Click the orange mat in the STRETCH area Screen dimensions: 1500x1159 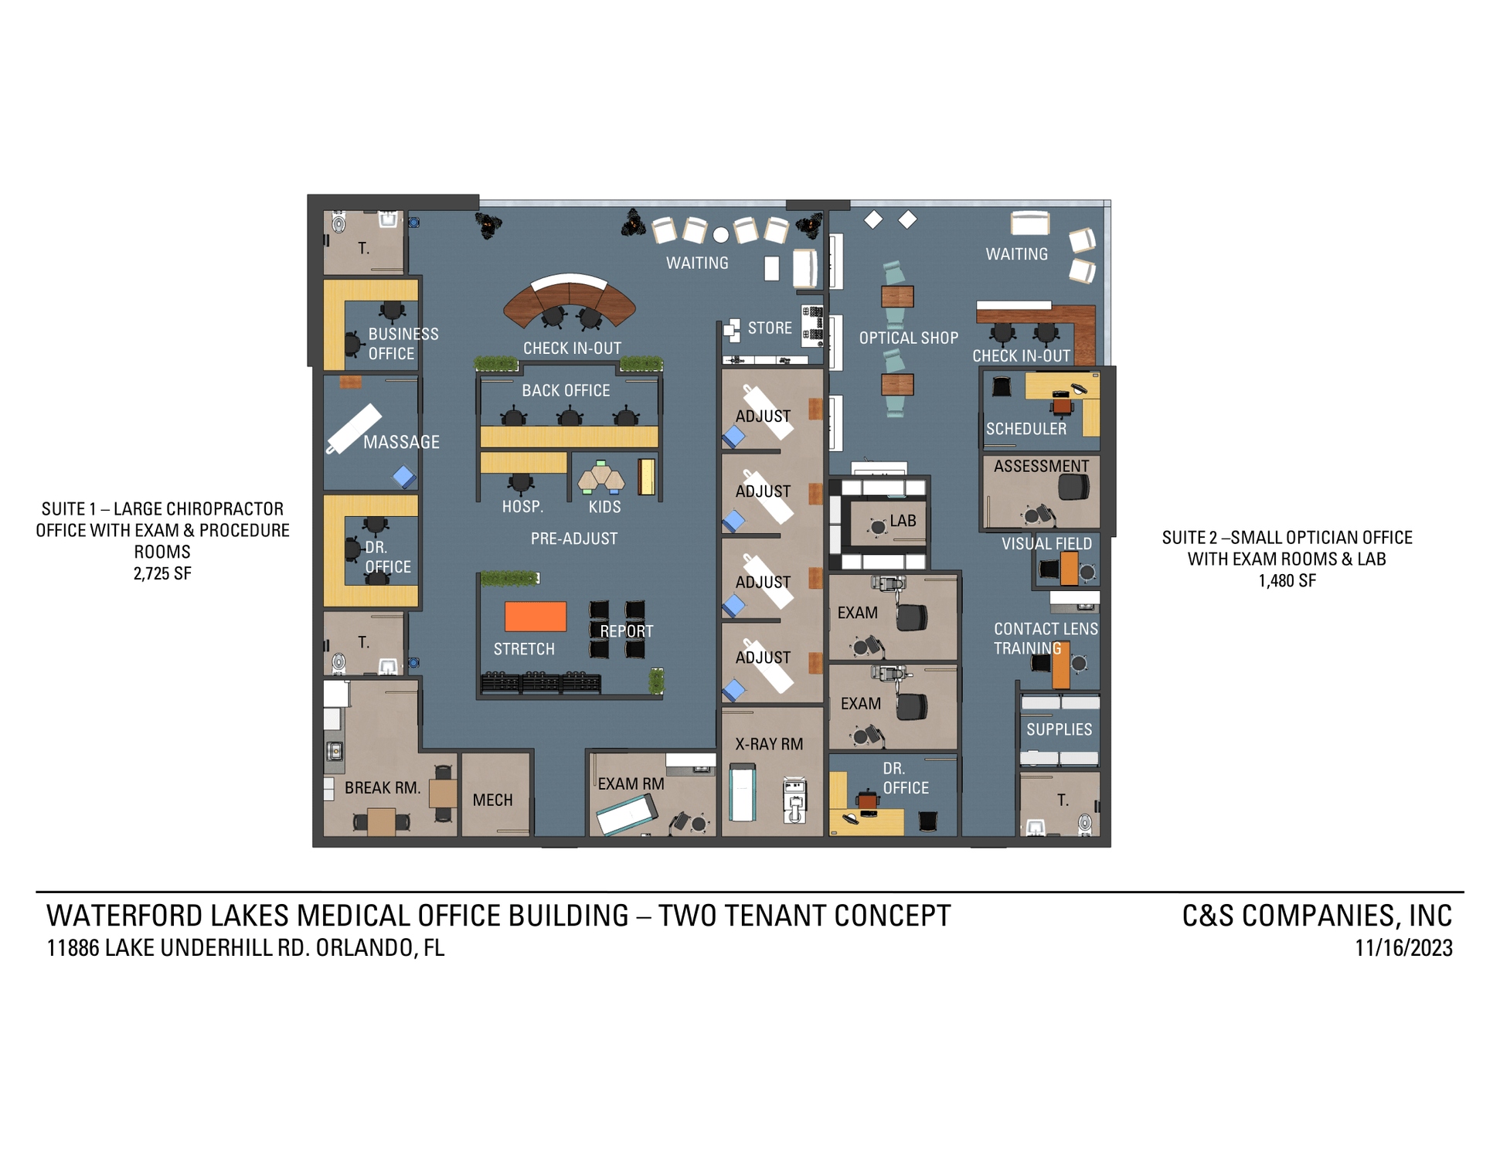[536, 617]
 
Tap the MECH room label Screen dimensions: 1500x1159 [492, 800]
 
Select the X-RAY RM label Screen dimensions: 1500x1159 [769, 744]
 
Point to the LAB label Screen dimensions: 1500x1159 [903, 521]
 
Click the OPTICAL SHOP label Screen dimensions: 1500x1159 [909, 338]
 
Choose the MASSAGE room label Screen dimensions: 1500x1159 [401, 442]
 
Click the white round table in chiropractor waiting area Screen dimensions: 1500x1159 [721, 234]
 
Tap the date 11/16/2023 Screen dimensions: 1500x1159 [1403, 948]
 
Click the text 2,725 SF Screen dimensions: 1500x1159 [162, 573]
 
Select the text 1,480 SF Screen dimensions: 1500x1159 [1287, 580]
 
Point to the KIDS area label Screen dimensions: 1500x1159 [604, 507]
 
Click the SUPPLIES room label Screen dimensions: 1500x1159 [1059, 729]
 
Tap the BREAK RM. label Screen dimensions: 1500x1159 [383, 787]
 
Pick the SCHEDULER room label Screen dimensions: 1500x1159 [1026, 429]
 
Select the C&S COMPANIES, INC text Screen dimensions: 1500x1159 [1317, 916]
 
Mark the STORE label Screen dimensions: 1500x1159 [770, 328]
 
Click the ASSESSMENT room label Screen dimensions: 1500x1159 [1041, 466]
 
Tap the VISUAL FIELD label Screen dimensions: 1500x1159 [1046, 544]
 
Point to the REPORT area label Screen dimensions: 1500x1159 [627, 631]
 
